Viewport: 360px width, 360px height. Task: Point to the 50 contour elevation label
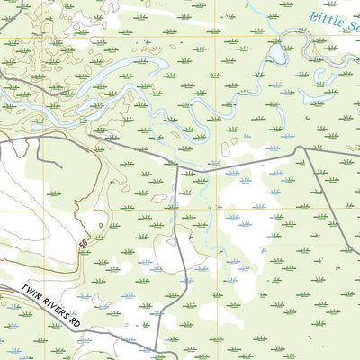click(x=84, y=243)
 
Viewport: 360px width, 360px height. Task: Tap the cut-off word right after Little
click(x=353, y=26)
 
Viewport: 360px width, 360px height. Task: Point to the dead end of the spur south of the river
click(x=59, y=167)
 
